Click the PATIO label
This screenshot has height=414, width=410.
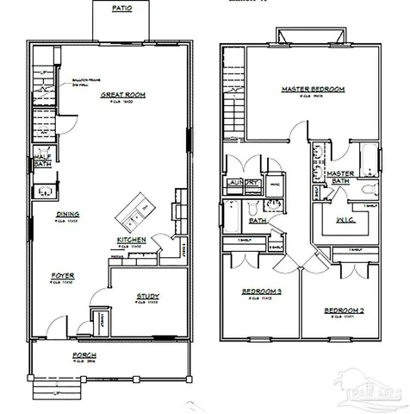click(x=122, y=8)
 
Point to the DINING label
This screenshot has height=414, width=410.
click(x=68, y=214)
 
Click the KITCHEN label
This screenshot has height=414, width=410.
click(x=132, y=240)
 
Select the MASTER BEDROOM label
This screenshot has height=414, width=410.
click(x=313, y=89)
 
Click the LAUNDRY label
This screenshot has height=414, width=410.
click(x=243, y=183)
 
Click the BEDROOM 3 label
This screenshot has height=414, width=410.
click(x=260, y=292)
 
